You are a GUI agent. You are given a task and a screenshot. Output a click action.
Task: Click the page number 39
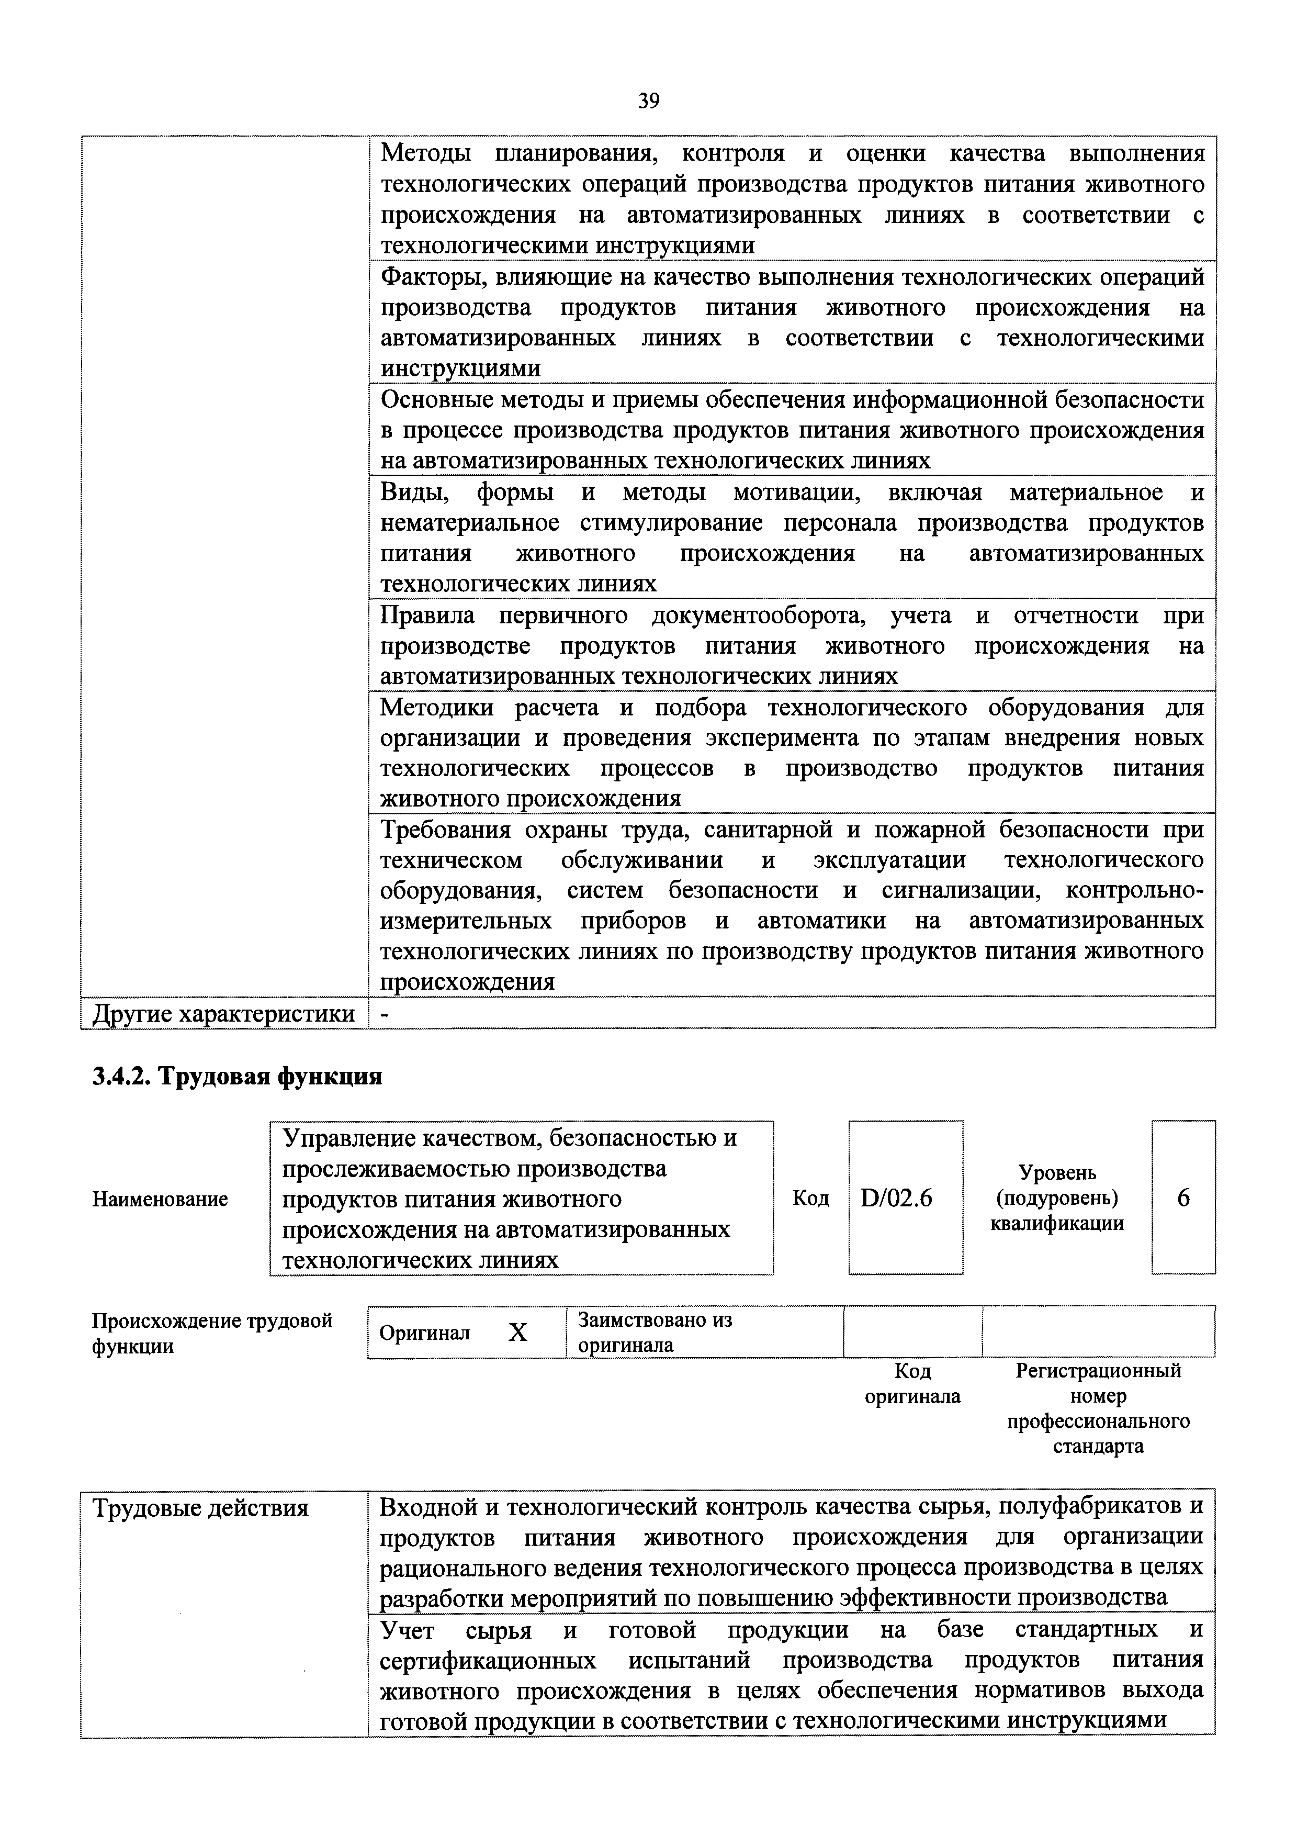click(x=648, y=101)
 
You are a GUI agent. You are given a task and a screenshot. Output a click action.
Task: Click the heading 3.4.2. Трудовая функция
click(x=238, y=1077)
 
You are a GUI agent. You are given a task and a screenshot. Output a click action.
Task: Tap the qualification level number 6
click(x=1183, y=1198)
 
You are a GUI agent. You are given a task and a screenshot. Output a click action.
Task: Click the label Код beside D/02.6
click(x=810, y=1198)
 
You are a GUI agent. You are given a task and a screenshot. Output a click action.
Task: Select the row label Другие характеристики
click(x=224, y=1014)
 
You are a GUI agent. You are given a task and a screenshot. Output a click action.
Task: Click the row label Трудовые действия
click(x=200, y=1509)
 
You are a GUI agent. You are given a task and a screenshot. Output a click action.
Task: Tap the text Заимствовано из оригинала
click(x=655, y=1332)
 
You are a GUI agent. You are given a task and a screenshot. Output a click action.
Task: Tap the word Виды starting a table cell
click(x=413, y=492)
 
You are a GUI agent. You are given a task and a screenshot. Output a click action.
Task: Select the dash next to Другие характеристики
click(x=386, y=1014)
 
